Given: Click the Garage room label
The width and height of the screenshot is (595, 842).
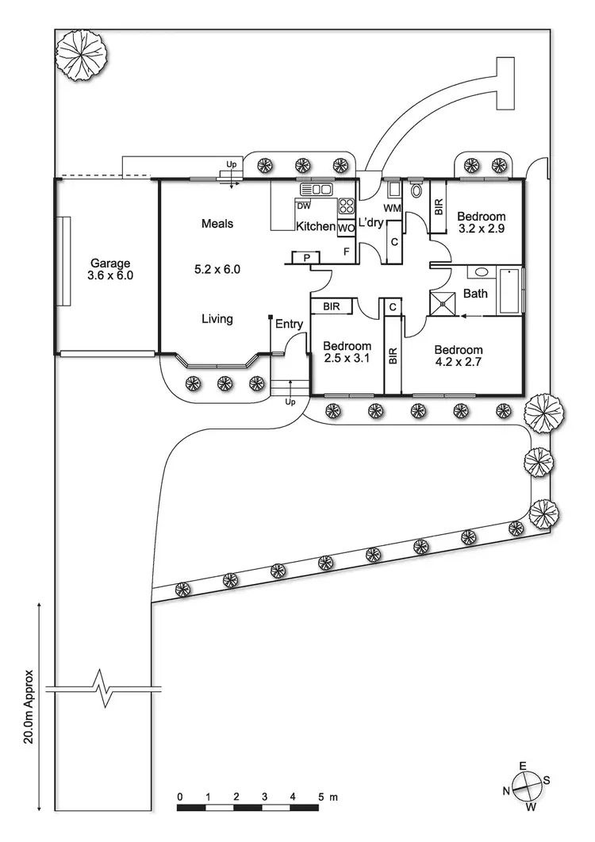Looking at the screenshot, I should tap(109, 263).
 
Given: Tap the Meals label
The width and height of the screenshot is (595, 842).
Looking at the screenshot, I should tap(217, 224).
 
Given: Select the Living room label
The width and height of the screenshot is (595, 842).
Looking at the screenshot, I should tap(217, 319).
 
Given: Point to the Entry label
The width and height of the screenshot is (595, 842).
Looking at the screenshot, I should tap(289, 324).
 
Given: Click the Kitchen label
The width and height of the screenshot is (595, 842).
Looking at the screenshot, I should tap(315, 227).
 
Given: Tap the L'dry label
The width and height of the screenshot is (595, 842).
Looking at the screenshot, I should tap(370, 222).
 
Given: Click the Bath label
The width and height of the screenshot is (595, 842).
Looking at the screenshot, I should tap(475, 294).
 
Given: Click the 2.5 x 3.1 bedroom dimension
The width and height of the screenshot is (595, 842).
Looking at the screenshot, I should tap(347, 359).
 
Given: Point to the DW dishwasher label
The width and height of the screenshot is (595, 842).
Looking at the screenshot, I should tap(303, 206).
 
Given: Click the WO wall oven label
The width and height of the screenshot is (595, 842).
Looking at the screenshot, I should tap(346, 228).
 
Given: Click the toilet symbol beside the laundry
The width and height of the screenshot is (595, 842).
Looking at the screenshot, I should tap(417, 190).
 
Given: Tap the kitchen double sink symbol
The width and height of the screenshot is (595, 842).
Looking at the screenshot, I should tap(316, 189).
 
